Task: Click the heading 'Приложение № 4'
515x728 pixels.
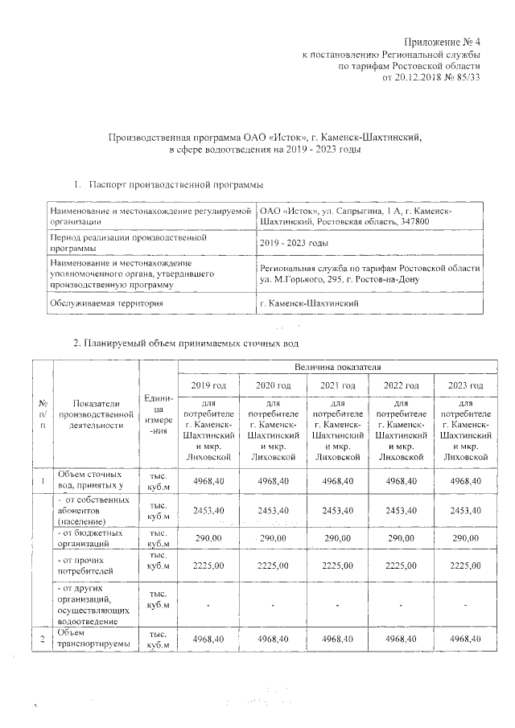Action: tap(441, 41)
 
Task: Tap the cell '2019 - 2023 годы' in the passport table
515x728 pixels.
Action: tap(294, 243)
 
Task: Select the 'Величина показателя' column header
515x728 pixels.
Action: tap(337, 367)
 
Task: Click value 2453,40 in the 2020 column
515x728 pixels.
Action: tap(273, 509)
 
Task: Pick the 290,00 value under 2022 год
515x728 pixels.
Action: tap(402, 537)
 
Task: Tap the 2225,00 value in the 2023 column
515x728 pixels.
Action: tap(466, 566)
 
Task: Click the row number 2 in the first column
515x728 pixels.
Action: tap(41, 638)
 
